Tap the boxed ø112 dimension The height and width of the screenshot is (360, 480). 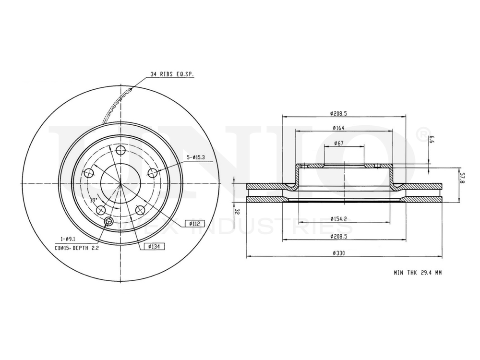point(194,223)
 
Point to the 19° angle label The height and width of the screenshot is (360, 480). point(94,199)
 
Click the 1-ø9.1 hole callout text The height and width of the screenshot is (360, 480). point(68,239)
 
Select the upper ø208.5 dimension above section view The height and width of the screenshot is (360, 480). point(342,113)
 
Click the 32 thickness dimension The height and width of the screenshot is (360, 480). point(237,211)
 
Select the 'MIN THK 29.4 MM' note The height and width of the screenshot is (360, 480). point(417,272)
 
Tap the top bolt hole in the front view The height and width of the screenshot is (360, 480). point(120,151)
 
